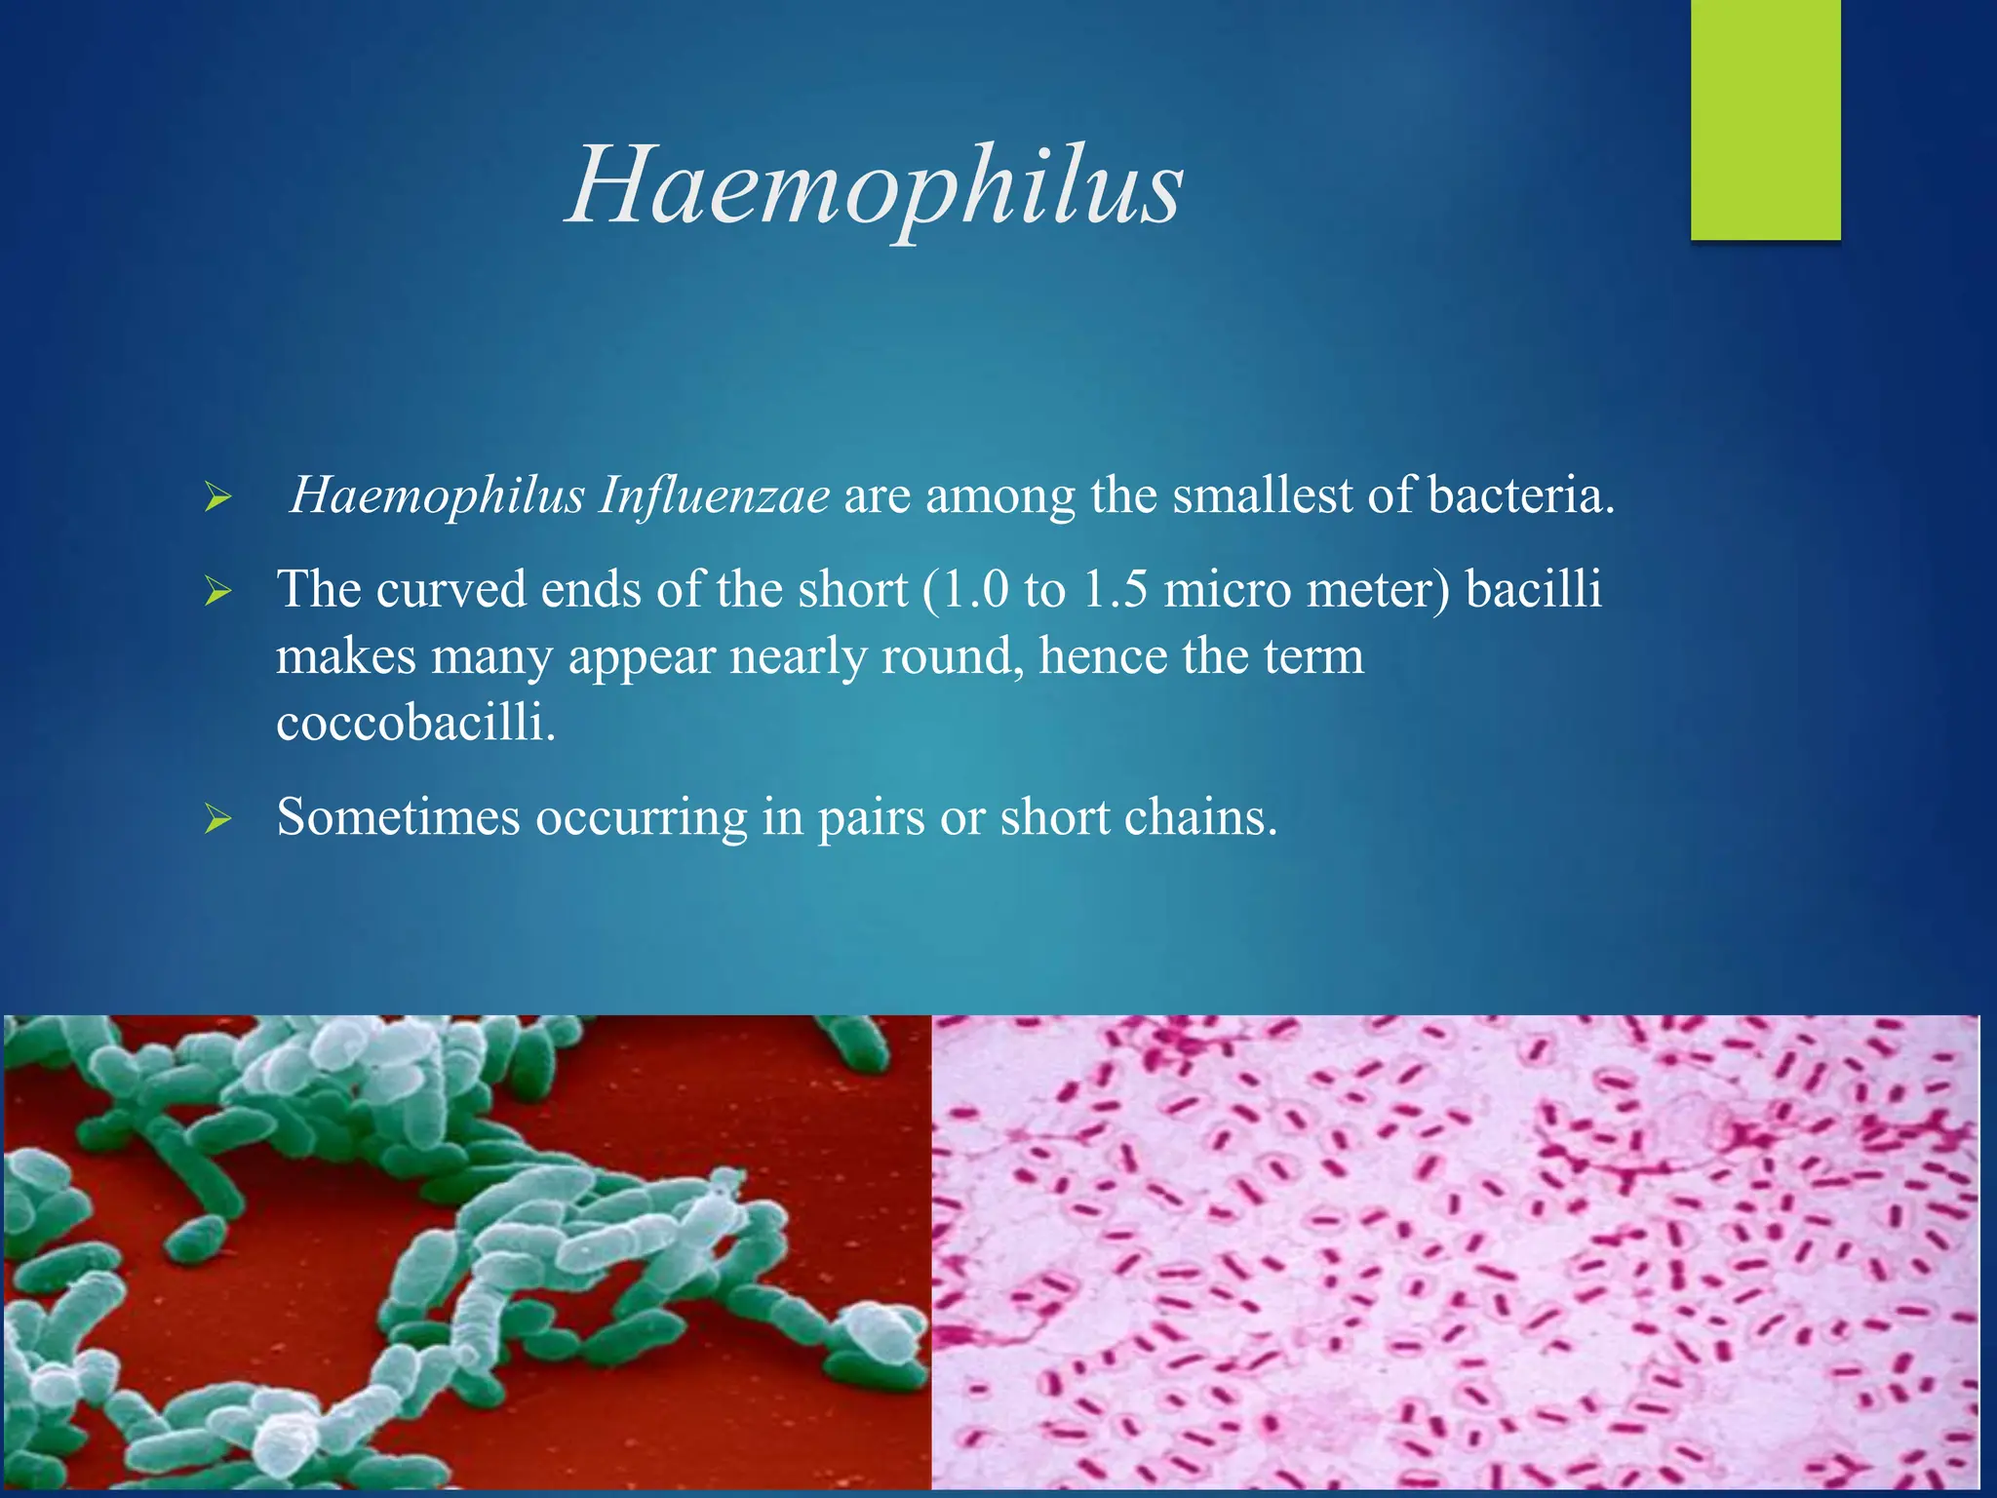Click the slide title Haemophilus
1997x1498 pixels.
[x=875, y=185]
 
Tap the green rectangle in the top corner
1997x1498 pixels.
[x=1765, y=119]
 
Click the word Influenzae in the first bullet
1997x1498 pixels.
[x=714, y=495]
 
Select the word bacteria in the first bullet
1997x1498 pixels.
[x=1519, y=495]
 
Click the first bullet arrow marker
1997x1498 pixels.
[x=217, y=499]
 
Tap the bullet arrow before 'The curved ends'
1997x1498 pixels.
[x=217, y=592]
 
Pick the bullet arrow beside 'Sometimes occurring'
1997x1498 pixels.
[x=217, y=820]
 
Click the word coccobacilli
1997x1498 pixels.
[x=415, y=723]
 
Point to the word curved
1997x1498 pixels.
[x=450, y=590]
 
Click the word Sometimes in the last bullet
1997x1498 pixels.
[x=398, y=817]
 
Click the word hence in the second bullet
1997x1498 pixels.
[x=1102, y=656]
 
